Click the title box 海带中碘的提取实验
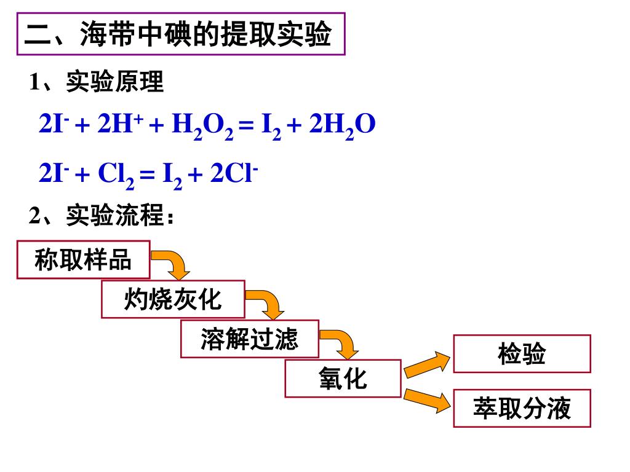pyautogui.click(x=180, y=36)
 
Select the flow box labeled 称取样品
pyautogui.click(x=84, y=260)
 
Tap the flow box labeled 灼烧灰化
pyautogui.click(x=173, y=299)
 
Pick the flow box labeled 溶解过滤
pyautogui.click(x=249, y=339)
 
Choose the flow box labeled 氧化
pyautogui.click(x=343, y=378)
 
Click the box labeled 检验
pyautogui.click(x=522, y=354)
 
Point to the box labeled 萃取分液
pyautogui.click(x=522, y=408)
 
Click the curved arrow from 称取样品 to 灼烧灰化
pyautogui.click(x=173, y=261)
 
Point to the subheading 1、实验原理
pyautogui.click(x=97, y=82)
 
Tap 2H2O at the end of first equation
pyautogui.click(x=342, y=126)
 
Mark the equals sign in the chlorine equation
pyautogui.click(x=146, y=175)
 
